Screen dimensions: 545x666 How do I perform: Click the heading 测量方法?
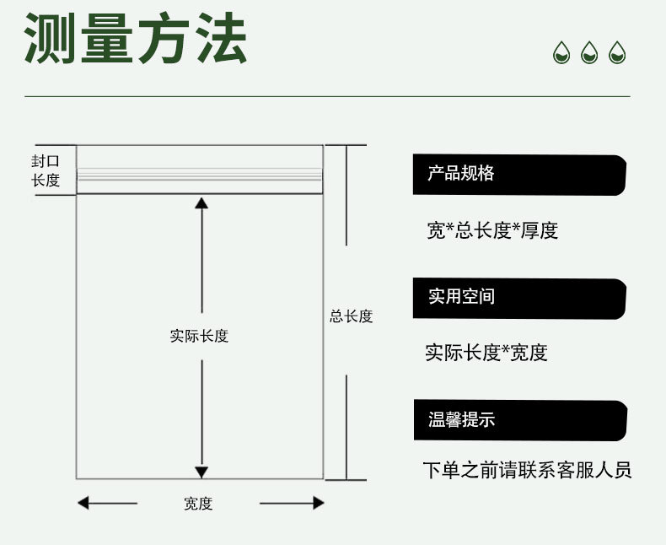pyautogui.click(x=136, y=40)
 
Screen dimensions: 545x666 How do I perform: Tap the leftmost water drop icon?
pyautogui.click(x=561, y=53)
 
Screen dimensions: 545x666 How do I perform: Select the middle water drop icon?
pyautogui.click(x=589, y=53)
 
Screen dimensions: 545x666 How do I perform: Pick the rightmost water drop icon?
pyautogui.click(x=617, y=53)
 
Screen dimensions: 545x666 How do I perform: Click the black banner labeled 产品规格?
pyautogui.click(x=518, y=175)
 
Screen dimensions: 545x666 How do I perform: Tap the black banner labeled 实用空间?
pyautogui.click(x=518, y=298)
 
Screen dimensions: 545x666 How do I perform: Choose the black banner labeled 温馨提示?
pyautogui.click(x=519, y=420)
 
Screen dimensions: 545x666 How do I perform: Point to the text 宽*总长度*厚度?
pyautogui.click(x=492, y=230)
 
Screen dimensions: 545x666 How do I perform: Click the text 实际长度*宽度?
pyautogui.click(x=486, y=353)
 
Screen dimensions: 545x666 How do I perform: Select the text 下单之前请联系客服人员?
pyautogui.click(x=527, y=470)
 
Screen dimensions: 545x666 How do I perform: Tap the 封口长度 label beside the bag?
pyautogui.click(x=46, y=170)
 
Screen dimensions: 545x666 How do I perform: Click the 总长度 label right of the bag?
pyautogui.click(x=351, y=317)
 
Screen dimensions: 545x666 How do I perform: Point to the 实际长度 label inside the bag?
pyautogui.click(x=200, y=336)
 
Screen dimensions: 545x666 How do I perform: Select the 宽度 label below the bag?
pyautogui.click(x=198, y=504)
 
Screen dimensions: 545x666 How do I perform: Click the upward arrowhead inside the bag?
pyautogui.click(x=201, y=202)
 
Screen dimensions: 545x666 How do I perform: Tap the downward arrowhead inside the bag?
pyautogui.click(x=201, y=472)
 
